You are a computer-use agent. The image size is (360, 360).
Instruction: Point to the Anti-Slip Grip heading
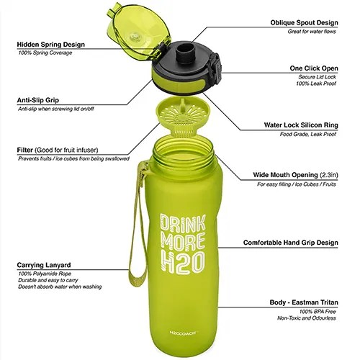(x=40, y=100)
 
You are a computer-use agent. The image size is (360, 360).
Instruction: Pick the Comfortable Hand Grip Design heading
(x=291, y=243)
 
